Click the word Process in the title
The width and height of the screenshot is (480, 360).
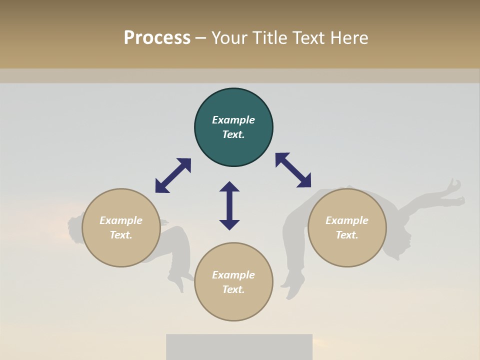tap(157, 38)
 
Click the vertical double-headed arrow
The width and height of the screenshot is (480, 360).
tap(229, 205)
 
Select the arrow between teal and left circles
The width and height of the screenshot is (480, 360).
tap(173, 175)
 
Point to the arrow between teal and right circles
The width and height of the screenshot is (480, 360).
tap(293, 170)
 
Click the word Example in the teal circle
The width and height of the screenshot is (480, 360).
tap(233, 120)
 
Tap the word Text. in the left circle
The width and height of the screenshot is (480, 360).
tap(121, 235)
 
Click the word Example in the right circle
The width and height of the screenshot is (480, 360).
tap(347, 220)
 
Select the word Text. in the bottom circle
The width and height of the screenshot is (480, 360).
tap(233, 289)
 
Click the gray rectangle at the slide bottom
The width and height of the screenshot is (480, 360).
tap(239, 347)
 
